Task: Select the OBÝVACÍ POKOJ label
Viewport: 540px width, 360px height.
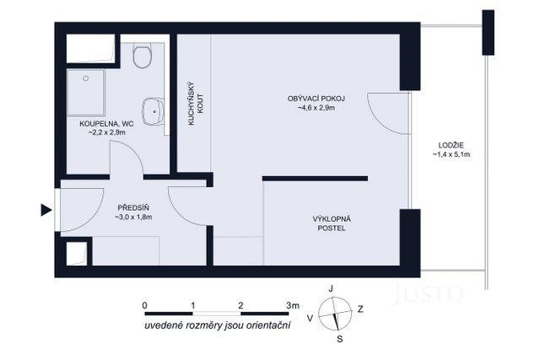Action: coord(316,98)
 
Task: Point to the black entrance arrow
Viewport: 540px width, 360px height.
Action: coord(46,211)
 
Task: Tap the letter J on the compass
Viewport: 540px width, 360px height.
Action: coord(332,289)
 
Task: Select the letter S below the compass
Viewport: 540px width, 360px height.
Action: coord(339,340)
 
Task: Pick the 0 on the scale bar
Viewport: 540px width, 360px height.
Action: coord(145,304)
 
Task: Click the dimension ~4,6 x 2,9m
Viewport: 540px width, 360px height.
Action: coord(316,108)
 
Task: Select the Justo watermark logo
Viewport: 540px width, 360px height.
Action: coord(430,293)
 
